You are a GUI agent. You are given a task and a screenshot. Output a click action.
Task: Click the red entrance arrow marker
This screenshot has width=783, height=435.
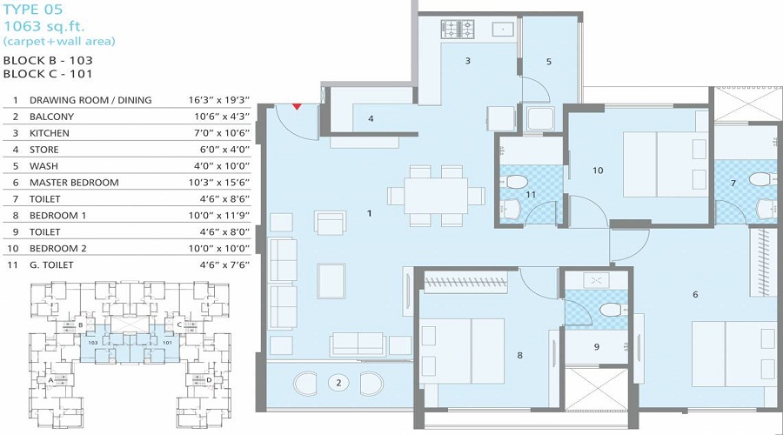tap(297, 106)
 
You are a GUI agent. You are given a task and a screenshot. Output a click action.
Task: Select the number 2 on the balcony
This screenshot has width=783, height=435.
tap(339, 382)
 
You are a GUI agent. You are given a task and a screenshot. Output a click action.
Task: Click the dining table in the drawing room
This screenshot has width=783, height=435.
tap(437, 190)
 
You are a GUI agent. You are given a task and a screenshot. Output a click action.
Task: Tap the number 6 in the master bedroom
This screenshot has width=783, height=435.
tap(695, 295)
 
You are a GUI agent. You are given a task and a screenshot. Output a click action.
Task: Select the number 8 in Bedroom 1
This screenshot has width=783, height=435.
tap(519, 355)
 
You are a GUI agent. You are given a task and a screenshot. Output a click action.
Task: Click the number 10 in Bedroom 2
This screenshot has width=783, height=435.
tap(598, 171)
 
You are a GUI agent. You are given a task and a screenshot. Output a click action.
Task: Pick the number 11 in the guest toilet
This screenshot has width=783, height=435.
tap(531, 196)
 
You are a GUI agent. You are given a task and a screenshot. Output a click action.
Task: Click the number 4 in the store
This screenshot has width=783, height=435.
tap(371, 118)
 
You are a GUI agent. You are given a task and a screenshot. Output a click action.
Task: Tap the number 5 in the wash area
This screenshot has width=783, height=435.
tap(549, 62)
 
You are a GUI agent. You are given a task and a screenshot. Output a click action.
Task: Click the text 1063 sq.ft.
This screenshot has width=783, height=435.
tap(38, 26)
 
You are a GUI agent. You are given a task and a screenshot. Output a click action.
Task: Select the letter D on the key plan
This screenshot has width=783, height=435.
tap(208, 380)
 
